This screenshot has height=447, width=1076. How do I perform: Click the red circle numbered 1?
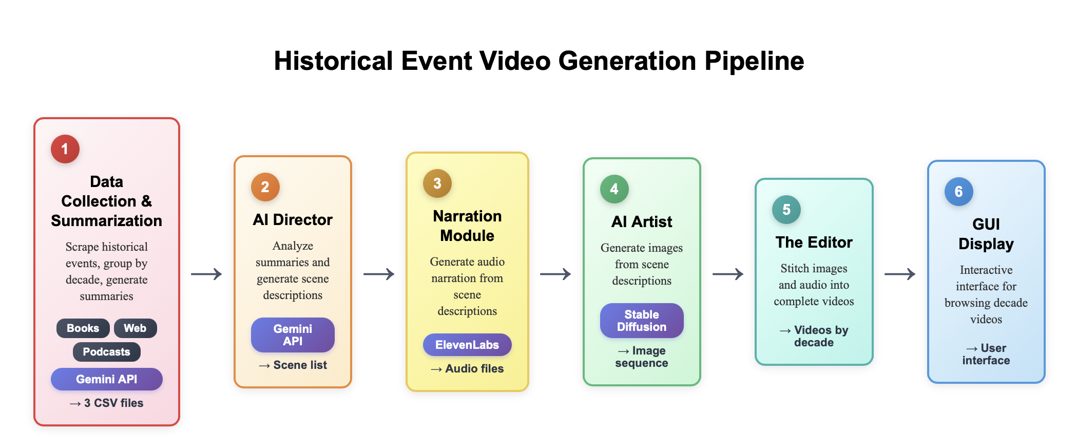click(x=65, y=149)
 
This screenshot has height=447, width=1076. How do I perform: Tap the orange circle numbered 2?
click(x=265, y=187)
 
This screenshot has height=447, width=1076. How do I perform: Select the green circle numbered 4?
click(x=614, y=189)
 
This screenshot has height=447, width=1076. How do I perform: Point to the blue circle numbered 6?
click(x=958, y=192)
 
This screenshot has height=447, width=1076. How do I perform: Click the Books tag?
click(x=83, y=328)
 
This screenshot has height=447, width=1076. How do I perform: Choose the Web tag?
click(x=135, y=328)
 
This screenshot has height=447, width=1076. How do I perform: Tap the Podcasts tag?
click(x=106, y=352)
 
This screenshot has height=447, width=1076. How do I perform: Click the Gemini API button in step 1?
click(x=106, y=379)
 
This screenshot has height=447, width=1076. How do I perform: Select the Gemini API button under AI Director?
click(x=293, y=335)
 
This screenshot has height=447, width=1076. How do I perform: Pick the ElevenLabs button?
click(x=467, y=345)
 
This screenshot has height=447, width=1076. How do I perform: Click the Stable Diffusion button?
click(x=642, y=321)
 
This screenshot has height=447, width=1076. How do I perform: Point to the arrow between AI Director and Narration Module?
click(x=379, y=274)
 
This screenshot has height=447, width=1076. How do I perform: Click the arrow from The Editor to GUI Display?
click(x=900, y=274)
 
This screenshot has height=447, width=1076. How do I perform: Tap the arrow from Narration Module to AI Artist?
click(x=555, y=274)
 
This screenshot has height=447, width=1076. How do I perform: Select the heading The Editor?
click(x=814, y=242)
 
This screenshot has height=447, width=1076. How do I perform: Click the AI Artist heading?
click(x=642, y=221)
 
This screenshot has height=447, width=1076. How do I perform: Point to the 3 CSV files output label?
click(x=107, y=403)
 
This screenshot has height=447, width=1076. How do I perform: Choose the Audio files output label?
click(x=467, y=369)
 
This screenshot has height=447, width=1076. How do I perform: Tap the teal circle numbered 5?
click(x=786, y=210)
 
